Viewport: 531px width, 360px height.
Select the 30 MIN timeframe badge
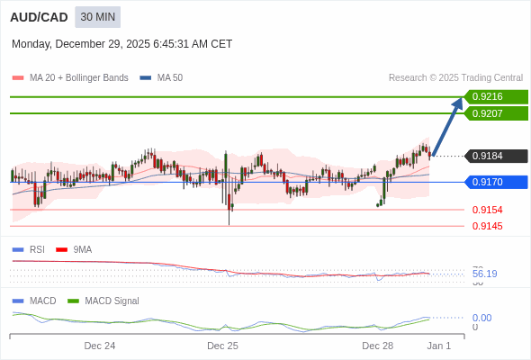pyautogui.click(x=97, y=17)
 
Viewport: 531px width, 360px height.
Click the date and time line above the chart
pyautogui.click(x=121, y=44)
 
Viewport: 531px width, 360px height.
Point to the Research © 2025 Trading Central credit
pyautogui.click(x=455, y=77)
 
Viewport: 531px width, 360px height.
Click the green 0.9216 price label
pyautogui.click(x=494, y=97)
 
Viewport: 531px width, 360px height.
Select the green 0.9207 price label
pyautogui.click(x=494, y=113)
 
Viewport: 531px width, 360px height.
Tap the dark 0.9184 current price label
pyautogui.click(x=494, y=156)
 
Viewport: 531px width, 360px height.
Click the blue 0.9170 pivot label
pyautogui.click(x=494, y=182)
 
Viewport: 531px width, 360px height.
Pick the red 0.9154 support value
pyautogui.click(x=487, y=210)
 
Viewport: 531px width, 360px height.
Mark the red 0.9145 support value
pyautogui.click(x=487, y=226)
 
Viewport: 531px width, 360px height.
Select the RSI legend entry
pyautogui.click(x=36, y=249)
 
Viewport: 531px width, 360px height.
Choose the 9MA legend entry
pyautogui.click(x=82, y=249)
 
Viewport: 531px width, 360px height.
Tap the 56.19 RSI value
pyautogui.click(x=484, y=274)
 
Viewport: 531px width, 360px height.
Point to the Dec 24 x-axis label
pyautogui.click(x=100, y=346)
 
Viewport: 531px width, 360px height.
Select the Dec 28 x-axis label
pyautogui.click(x=377, y=346)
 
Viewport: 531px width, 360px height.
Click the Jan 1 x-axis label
pyautogui.click(x=438, y=346)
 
